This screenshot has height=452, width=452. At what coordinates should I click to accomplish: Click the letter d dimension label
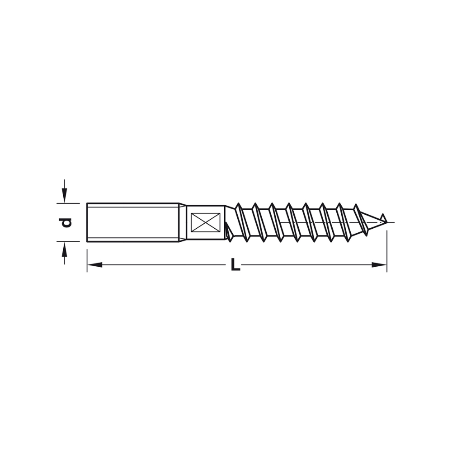coord(65,222)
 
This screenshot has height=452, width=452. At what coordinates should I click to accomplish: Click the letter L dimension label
coord(235,264)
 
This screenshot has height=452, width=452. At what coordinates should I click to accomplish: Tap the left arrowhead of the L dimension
coord(94,264)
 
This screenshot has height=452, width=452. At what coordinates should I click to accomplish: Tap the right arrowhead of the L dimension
coord(379,264)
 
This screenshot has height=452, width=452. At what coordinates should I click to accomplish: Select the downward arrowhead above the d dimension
coord(65,195)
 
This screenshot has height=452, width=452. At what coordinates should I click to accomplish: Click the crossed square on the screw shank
coord(206,222)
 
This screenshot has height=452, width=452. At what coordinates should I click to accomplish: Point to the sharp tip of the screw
coord(386,222)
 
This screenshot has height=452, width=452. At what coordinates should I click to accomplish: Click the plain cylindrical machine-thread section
coord(132,222)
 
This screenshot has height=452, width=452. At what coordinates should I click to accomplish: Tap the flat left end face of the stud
coord(87,222)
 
